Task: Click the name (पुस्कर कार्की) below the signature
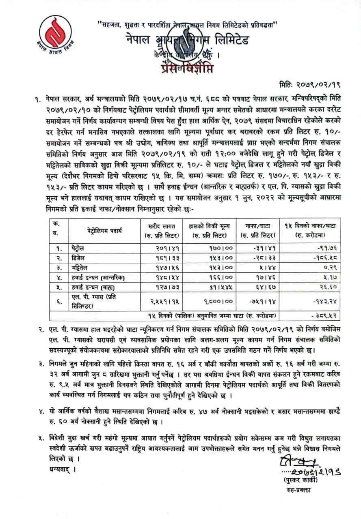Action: [x=300, y=479]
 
